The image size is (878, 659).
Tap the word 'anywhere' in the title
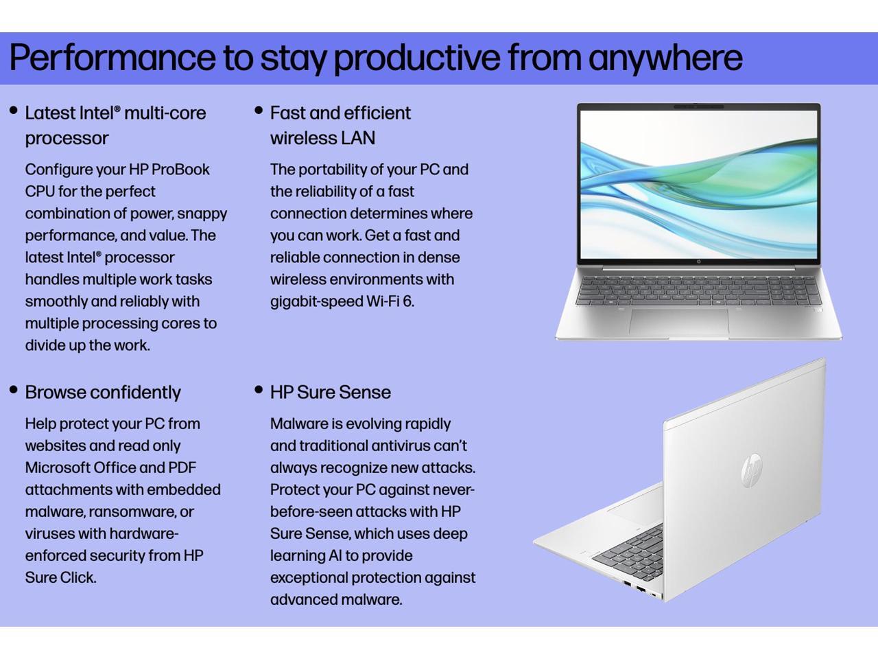(665, 58)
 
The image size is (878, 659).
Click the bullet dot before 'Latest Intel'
(14, 110)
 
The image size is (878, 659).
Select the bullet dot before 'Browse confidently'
(14, 389)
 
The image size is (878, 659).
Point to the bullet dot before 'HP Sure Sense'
(259, 389)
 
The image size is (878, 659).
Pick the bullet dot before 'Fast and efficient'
(259, 110)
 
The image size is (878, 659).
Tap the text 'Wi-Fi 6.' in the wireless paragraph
(390, 301)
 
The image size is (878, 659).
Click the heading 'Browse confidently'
(103, 392)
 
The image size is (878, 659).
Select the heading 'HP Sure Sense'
(331, 392)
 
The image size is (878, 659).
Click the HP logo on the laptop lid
(752, 470)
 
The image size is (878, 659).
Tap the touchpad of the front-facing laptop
(679, 321)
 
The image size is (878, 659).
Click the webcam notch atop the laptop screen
(698, 107)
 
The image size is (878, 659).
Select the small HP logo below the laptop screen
(698, 262)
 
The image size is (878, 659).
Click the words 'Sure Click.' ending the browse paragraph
(61, 578)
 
